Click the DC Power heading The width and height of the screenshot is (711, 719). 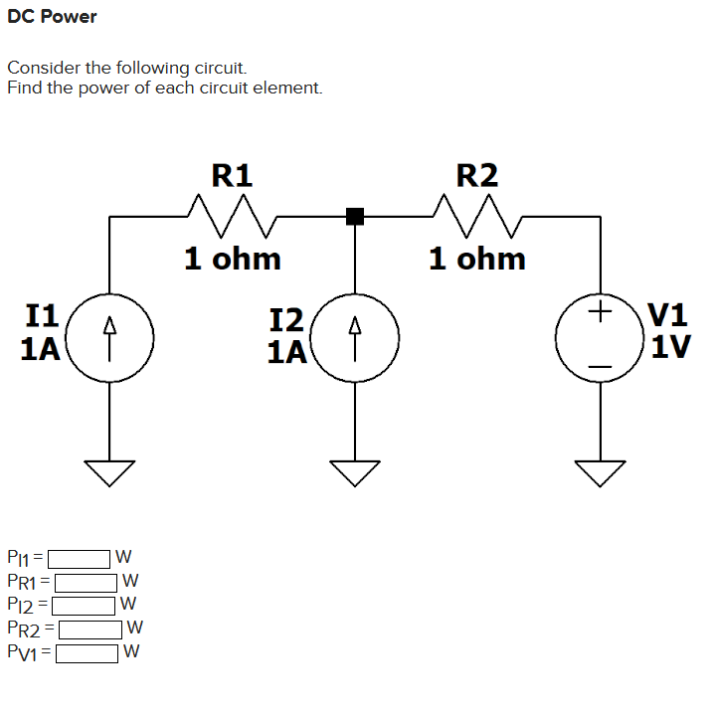[52, 17]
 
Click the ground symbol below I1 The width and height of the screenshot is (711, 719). [110, 471]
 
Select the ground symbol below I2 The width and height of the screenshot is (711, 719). [354, 471]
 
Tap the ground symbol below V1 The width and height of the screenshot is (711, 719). [599, 471]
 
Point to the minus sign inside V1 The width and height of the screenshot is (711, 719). [599, 367]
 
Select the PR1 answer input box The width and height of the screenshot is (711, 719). [87, 580]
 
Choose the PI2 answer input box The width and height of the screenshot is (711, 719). [84, 603]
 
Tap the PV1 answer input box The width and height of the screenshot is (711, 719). [88, 652]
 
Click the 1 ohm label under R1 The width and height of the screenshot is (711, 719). [233, 260]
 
